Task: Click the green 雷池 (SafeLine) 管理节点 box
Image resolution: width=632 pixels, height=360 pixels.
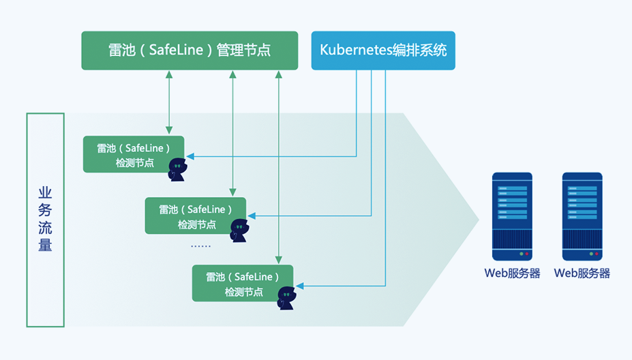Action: [190, 50]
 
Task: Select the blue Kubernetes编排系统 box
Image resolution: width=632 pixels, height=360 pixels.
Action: [382, 50]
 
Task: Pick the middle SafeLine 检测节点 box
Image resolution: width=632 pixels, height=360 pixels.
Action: [195, 215]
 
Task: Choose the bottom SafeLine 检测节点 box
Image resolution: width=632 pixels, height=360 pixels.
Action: [242, 283]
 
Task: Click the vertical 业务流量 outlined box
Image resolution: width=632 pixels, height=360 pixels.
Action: [45, 220]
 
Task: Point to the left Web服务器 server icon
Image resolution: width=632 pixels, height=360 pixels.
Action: [512, 216]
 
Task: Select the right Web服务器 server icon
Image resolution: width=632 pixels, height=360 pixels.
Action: [582, 216]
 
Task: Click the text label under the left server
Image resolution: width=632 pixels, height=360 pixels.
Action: [512, 273]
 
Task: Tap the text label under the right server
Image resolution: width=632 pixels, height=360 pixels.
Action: [582, 273]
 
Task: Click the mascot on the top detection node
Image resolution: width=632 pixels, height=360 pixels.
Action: [177, 170]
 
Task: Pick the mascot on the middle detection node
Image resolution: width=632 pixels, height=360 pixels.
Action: [239, 230]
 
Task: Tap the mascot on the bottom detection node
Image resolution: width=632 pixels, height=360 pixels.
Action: [286, 298]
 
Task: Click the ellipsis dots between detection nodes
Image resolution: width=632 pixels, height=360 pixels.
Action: [200, 245]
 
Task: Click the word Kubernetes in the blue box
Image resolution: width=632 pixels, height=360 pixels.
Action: [352, 50]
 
